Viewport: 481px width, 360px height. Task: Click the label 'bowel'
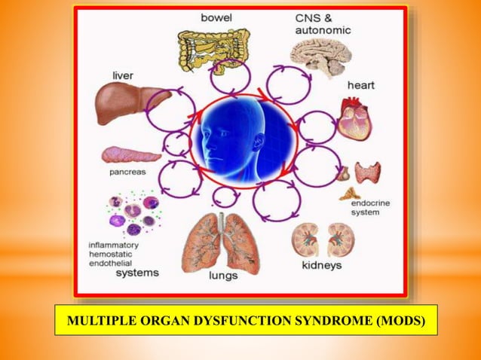coord(216,16)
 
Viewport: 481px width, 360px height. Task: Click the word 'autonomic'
coord(323,29)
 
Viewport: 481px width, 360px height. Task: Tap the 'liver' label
coord(122,75)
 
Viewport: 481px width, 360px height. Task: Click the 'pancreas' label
coord(124,172)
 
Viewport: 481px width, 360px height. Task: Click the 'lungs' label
coord(224,276)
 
